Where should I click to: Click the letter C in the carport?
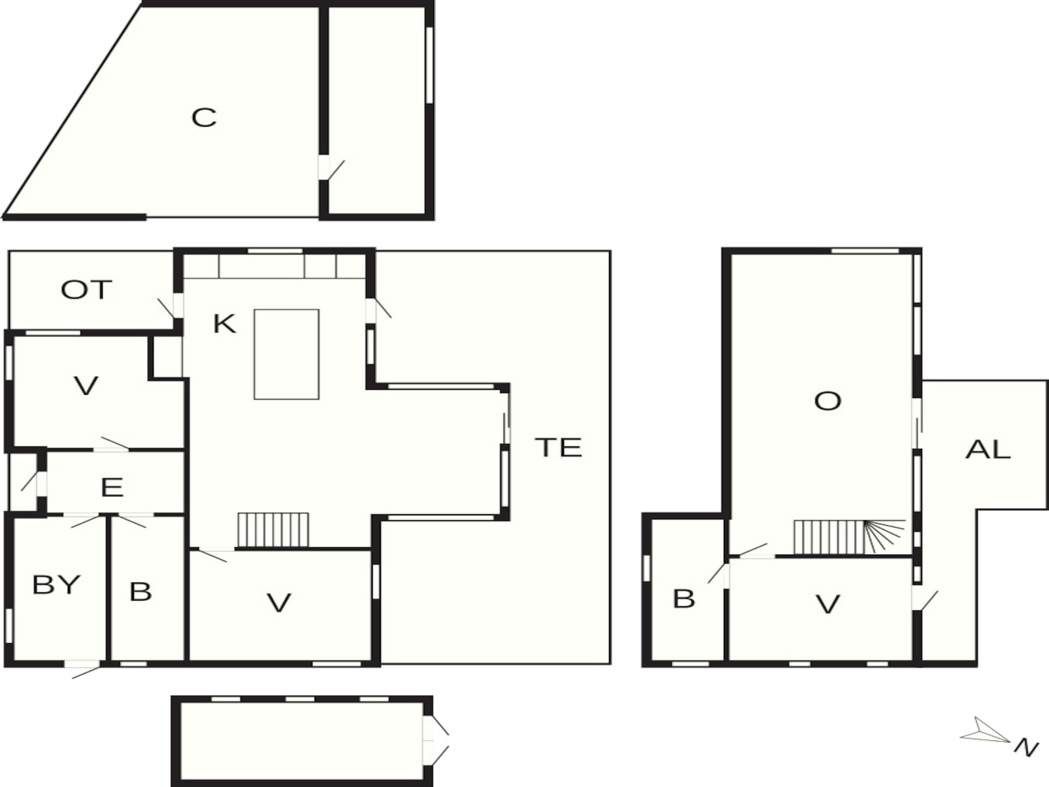pyautogui.click(x=204, y=118)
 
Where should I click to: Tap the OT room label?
pyautogui.click(x=86, y=290)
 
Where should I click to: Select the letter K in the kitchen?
pyautogui.click(x=224, y=324)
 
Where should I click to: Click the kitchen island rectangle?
pyautogui.click(x=286, y=354)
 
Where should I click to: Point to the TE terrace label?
pyautogui.click(x=558, y=447)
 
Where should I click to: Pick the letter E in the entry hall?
pyautogui.click(x=112, y=487)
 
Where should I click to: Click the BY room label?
pyautogui.click(x=56, y=585)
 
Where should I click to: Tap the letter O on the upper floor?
pyautogui.click(x=827, y=401)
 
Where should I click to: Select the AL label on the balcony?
pyautogui.click(x=988, y=449)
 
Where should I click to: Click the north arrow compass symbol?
pyautogui.click(x=984, y=731)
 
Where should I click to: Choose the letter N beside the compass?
pyautogui.click(x=1026, y=747)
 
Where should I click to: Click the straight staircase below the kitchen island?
pyautogui.click(x=273, y=530)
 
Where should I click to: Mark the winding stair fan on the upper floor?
pyautogui.click(x=884, y=536)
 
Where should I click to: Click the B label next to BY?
pyautogui.click(x=140, y=591)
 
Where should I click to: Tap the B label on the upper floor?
pyautogui.click(x=684, y=598)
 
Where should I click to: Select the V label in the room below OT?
pyautogui.click(x=86, y=386)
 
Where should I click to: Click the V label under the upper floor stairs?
pyautogui.click(x=827, y=604)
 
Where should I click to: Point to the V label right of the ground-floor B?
pyautogui.click(x=279, y=602)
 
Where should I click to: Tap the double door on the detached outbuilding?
pyautogui.click(x=435, y=741)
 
